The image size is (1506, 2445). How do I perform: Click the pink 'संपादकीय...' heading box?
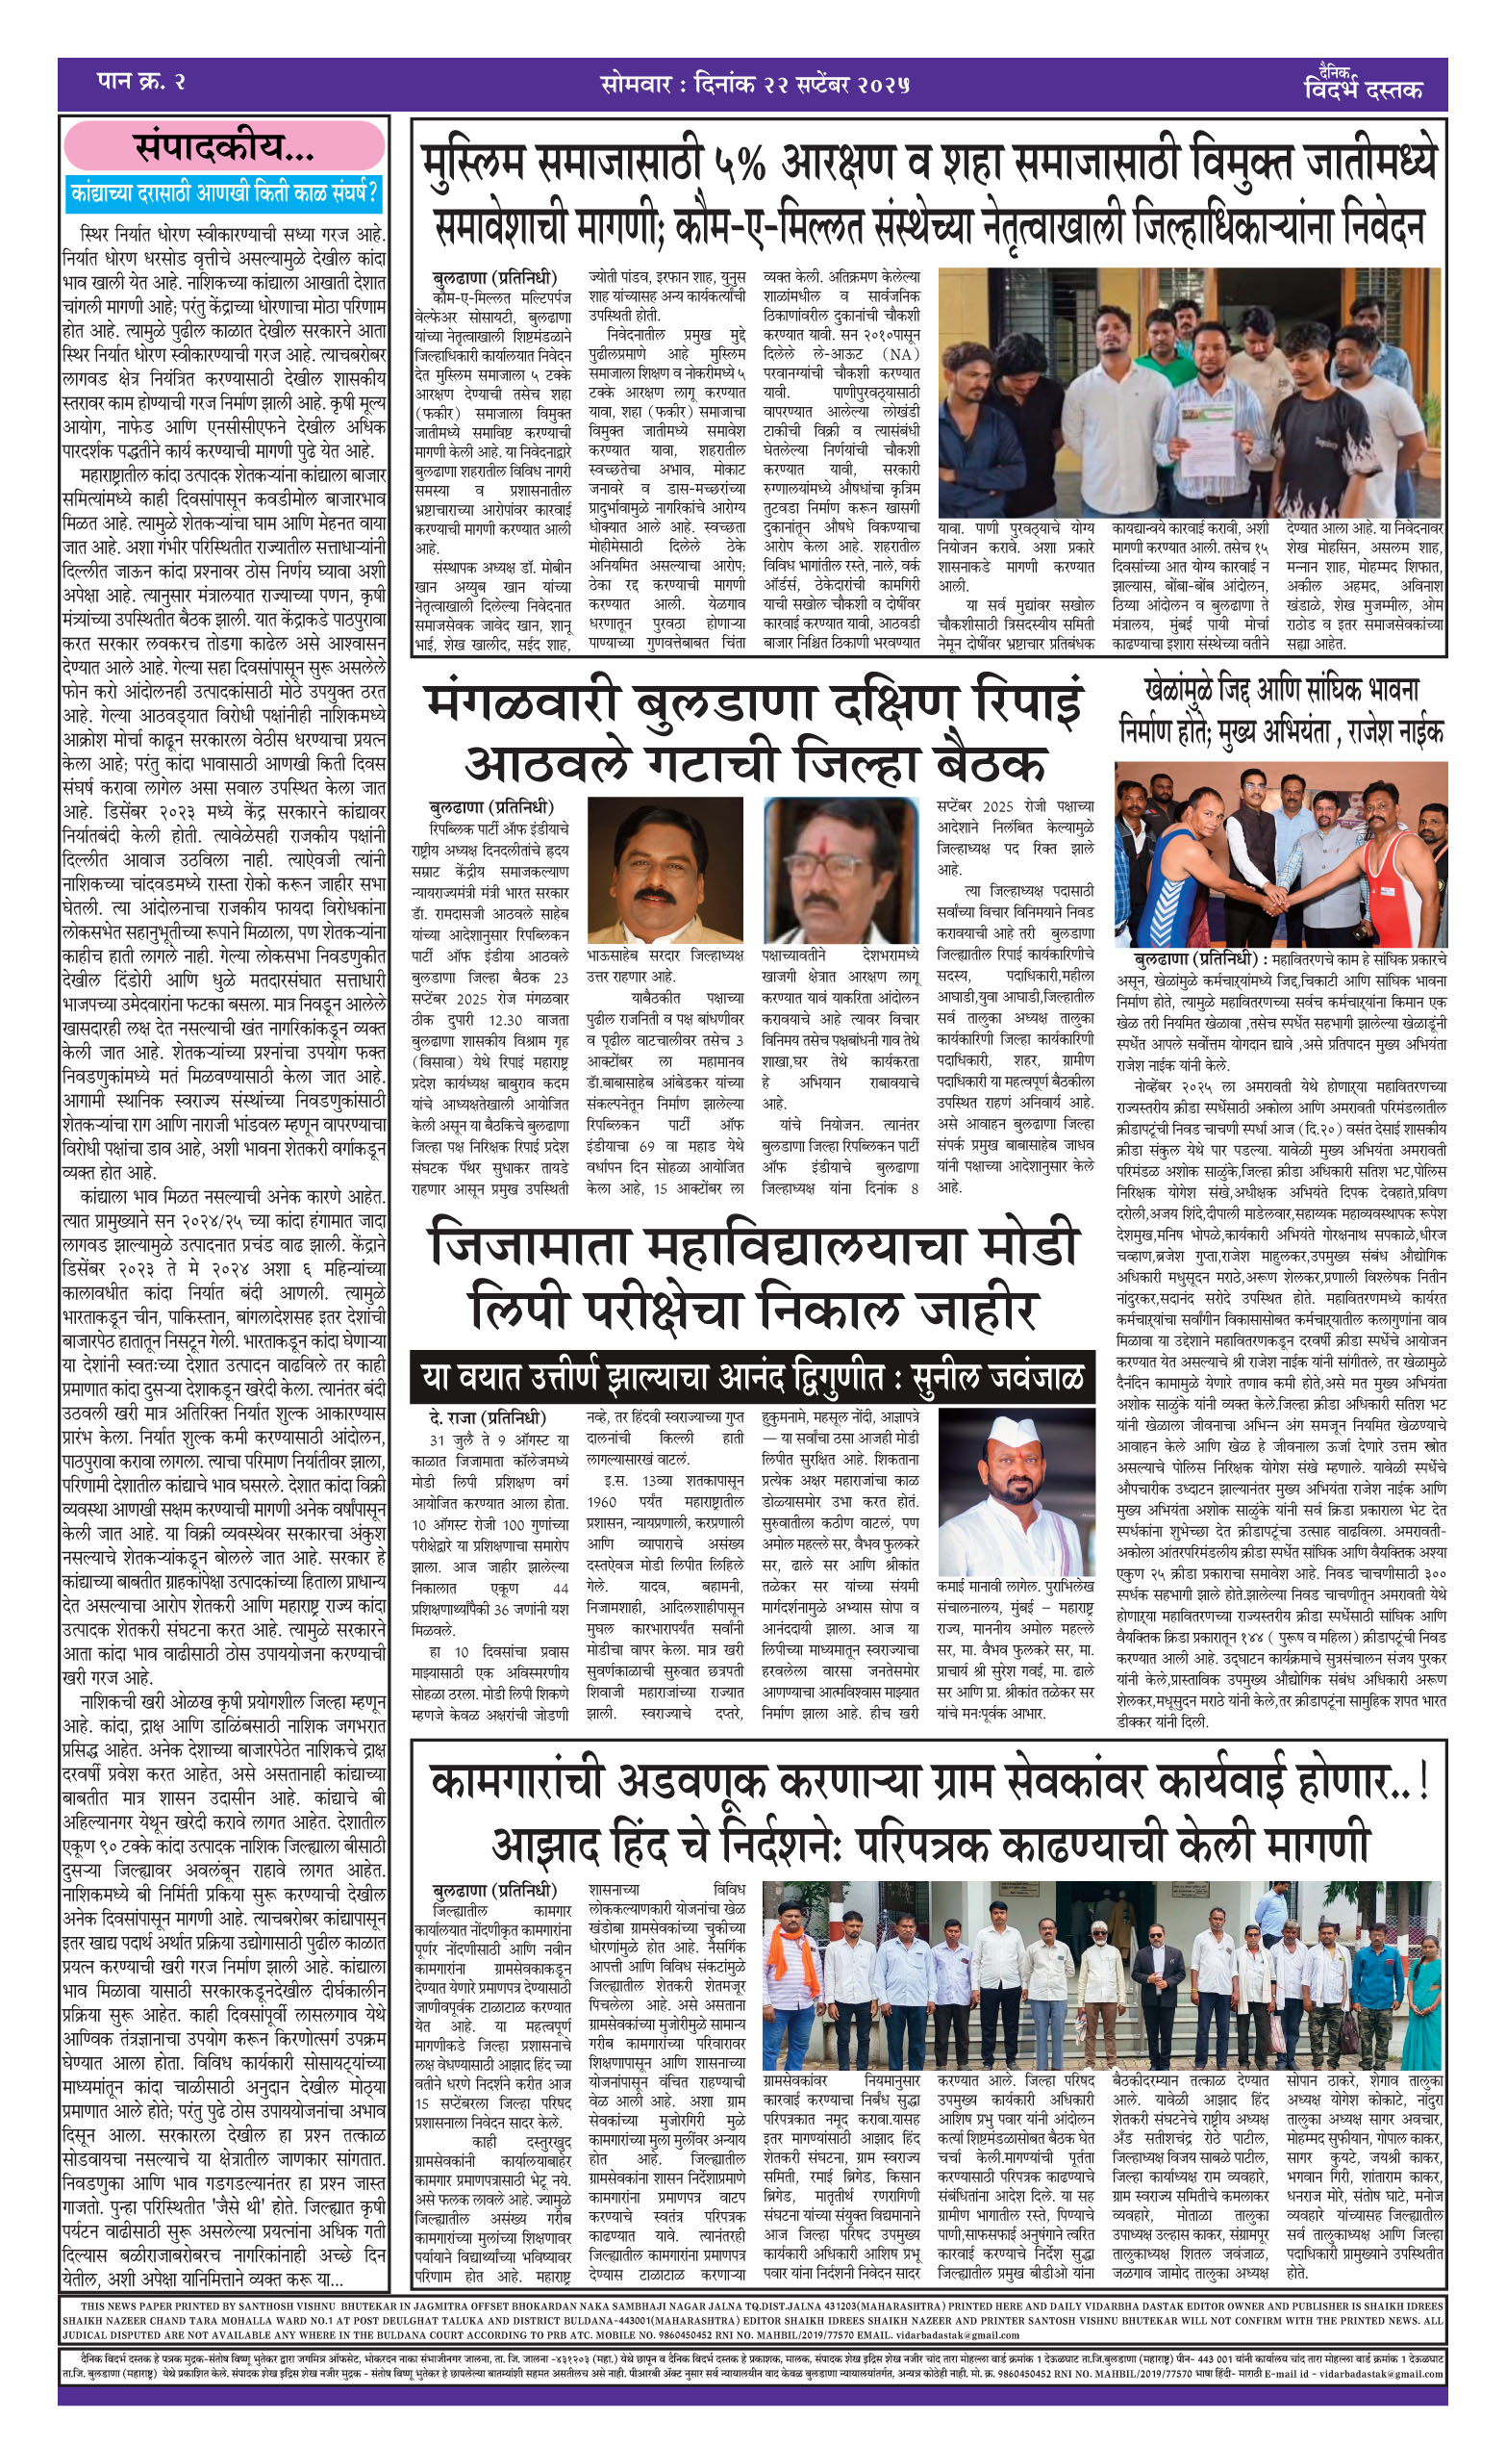pos(224,148)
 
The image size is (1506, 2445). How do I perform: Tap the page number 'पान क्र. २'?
pos(141,81)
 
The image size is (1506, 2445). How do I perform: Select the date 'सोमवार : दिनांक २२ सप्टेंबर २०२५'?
pos(755,84)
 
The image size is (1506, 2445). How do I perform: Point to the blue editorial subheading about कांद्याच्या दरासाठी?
pos(224,192)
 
